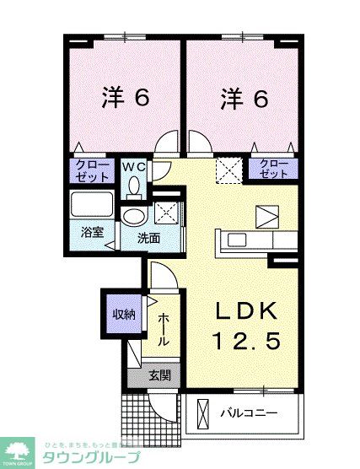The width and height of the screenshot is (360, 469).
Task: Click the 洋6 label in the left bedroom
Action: point(126,98)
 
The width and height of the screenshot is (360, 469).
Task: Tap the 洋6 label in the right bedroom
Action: point(244,98)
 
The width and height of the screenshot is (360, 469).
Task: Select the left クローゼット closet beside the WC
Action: point(92,171)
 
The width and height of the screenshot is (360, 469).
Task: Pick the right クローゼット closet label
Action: point(274,170)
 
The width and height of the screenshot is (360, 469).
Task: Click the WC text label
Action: point(135,166)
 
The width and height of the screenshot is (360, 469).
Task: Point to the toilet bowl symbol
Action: point(134,189)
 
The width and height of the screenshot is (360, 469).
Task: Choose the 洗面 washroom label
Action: point(149,238)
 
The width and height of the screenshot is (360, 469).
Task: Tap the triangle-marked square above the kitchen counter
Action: point(266,216)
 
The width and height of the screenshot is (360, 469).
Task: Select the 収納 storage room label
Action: point(124,315)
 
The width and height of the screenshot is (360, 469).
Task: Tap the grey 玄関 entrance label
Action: point(159,375)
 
